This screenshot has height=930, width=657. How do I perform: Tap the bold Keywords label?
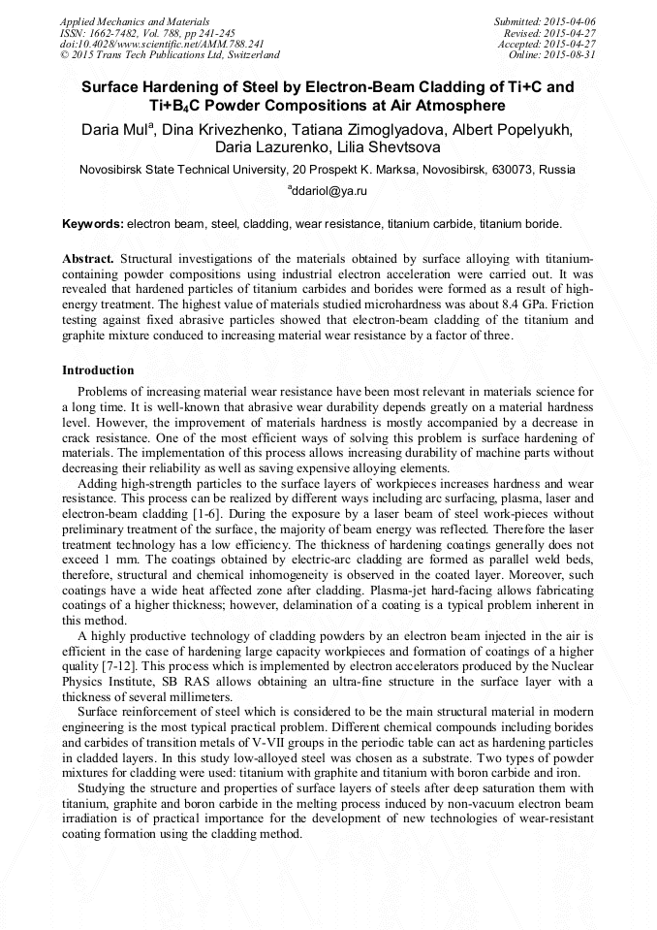tap(92, 224)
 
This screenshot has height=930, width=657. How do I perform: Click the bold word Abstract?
tap(88, 261)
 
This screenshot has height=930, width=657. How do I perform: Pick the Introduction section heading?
tap(98, 370)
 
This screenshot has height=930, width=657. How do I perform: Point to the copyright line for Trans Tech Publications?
tap(170, 55)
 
